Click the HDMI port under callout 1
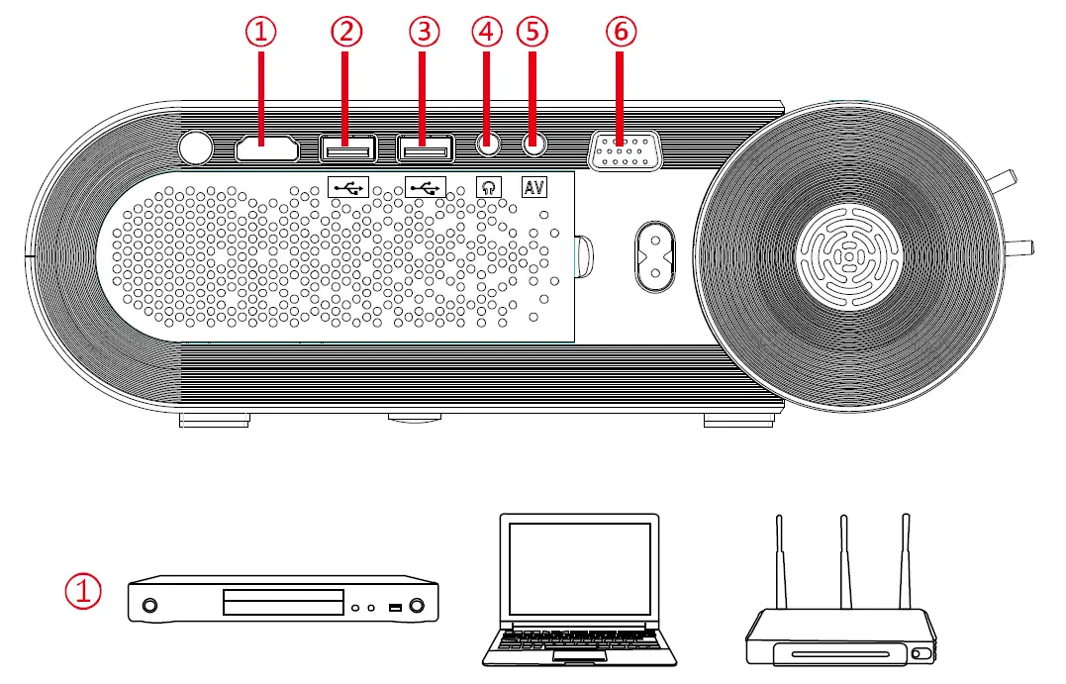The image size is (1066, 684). (x=267, y=148)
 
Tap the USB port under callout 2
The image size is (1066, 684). (x=347, y=148)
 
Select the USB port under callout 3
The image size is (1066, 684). (x=426, y=148)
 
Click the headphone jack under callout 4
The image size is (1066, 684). (x=487, y=145)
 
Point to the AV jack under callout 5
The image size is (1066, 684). (x=533, y=145)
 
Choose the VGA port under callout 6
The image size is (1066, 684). (x=621, y=154)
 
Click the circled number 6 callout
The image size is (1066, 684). (x=621, y=32)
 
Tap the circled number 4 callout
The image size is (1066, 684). (x=487, y=32)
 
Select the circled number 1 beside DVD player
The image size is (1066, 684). (x=83, y=593)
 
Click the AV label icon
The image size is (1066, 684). (x=533, y=185)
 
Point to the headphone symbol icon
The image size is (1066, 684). (x=487, y=185)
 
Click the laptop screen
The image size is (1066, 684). (x=579, y=570)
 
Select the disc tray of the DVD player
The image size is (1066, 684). (x=283, y=603)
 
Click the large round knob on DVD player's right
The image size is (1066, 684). (x=421, y=605)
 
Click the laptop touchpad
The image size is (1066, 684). (x=579, y=655)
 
